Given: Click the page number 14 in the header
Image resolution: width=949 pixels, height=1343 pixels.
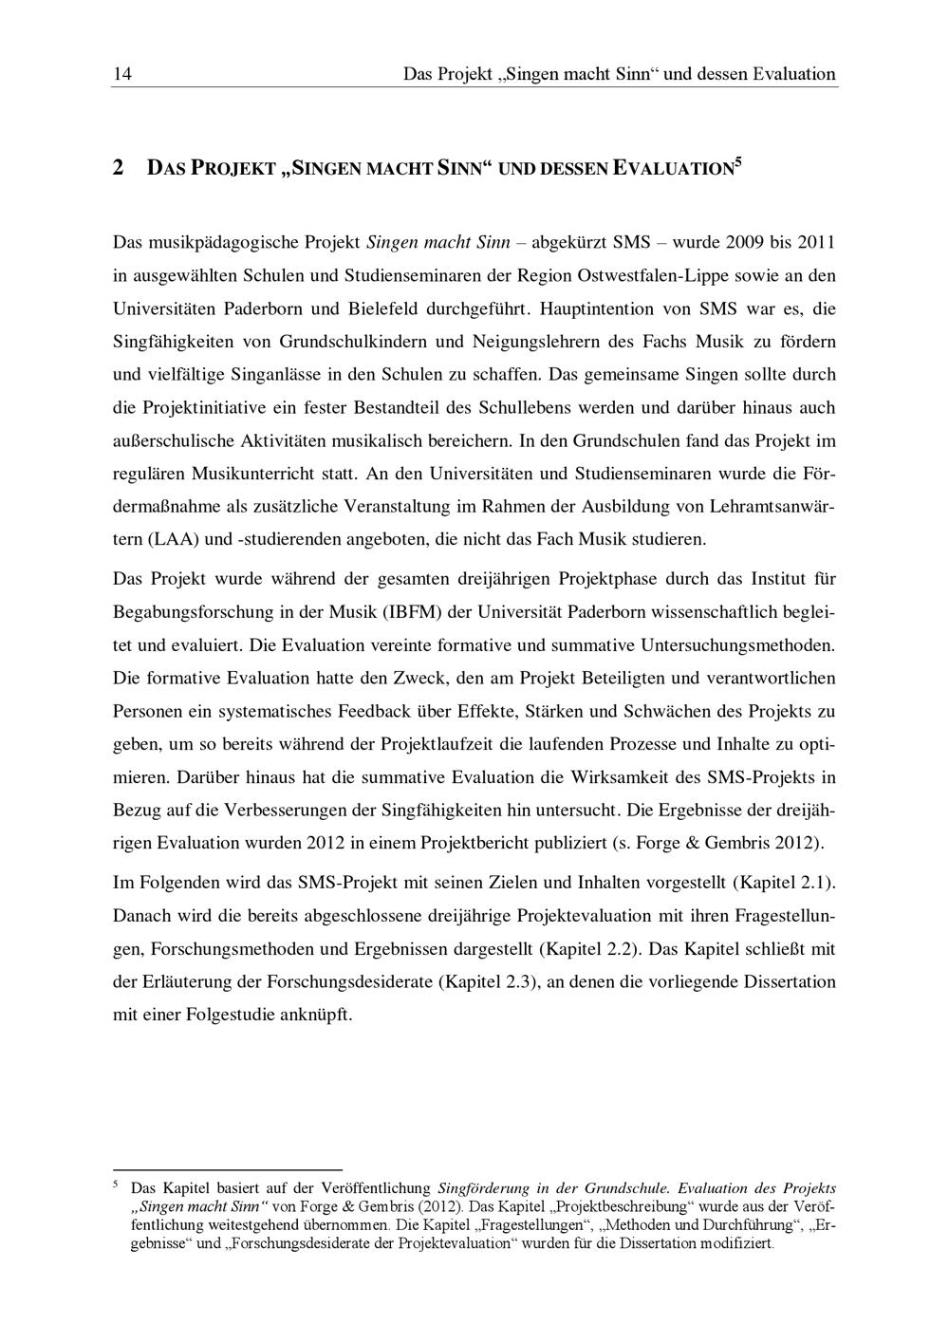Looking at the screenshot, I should click(121, 74).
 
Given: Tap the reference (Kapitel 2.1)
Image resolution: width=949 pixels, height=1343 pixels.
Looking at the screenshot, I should click(784, 882).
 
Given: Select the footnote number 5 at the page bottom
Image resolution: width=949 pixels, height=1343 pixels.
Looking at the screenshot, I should click(116, 1185).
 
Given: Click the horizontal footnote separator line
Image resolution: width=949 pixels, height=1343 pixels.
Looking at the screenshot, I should click(227, 1169).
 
